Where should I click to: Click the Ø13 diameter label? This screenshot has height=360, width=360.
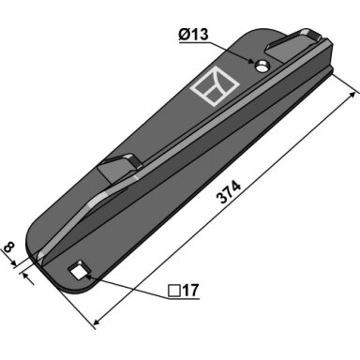193,34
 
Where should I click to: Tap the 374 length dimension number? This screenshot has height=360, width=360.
229,192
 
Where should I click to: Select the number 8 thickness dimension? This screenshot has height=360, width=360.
9,247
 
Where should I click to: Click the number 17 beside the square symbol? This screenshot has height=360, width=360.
190,291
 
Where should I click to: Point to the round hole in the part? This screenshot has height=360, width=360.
262,66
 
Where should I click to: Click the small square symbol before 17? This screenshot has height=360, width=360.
174,291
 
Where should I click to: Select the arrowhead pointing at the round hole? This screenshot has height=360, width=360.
252,61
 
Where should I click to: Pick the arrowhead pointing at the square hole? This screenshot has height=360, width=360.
87,275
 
